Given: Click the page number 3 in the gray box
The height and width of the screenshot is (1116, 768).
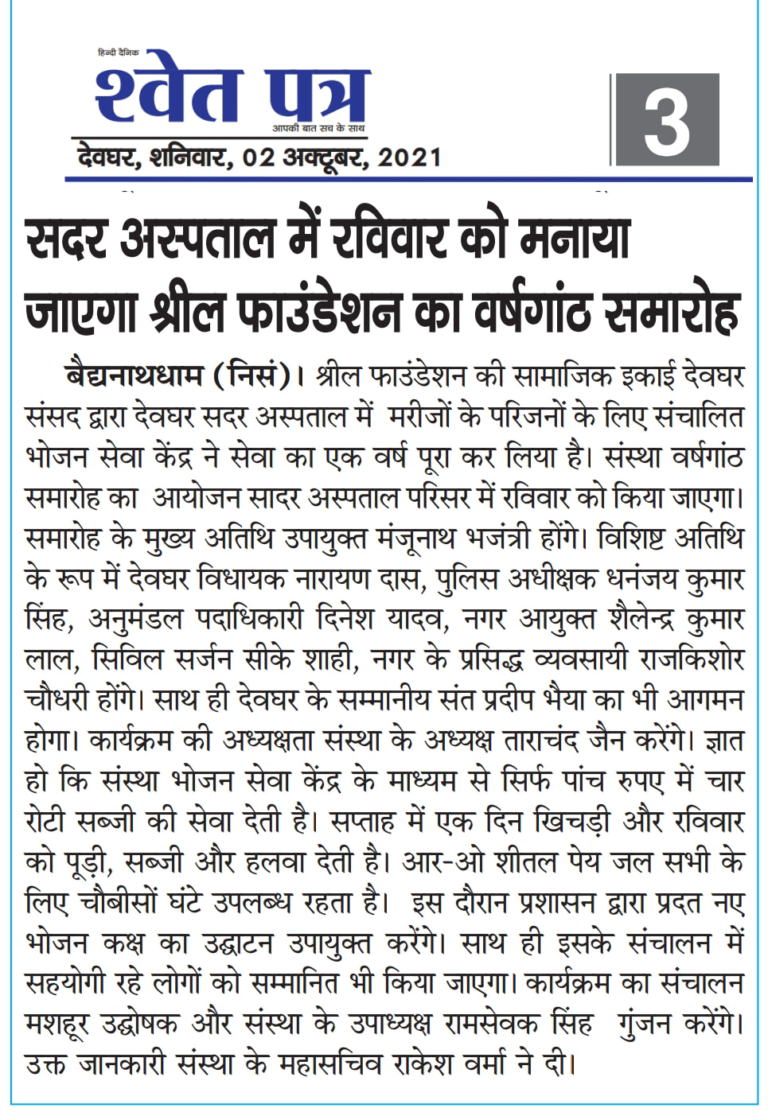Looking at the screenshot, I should click(665, 121).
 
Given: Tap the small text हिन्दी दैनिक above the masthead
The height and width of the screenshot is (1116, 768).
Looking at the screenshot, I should click(118, 52).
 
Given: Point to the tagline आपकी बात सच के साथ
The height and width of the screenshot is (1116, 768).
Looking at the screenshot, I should click(318, 128).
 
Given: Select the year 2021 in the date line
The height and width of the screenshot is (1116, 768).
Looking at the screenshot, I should click(409, 157).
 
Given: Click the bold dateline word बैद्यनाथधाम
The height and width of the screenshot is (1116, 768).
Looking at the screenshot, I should click(134, 375).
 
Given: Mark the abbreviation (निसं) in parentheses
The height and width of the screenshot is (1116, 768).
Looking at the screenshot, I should click(252, 375).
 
